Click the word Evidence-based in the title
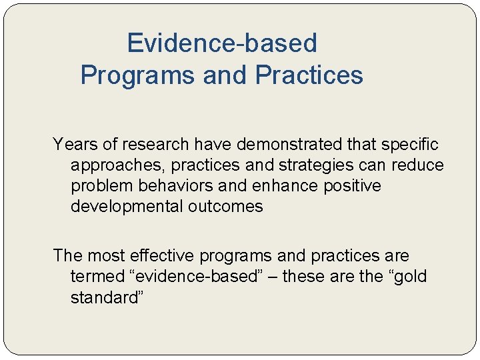pyautogui.click(x=222, y=43)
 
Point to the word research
pyautogui.click(x=157, y=143)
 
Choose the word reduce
pyautogui.click(x=419, y=165)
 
